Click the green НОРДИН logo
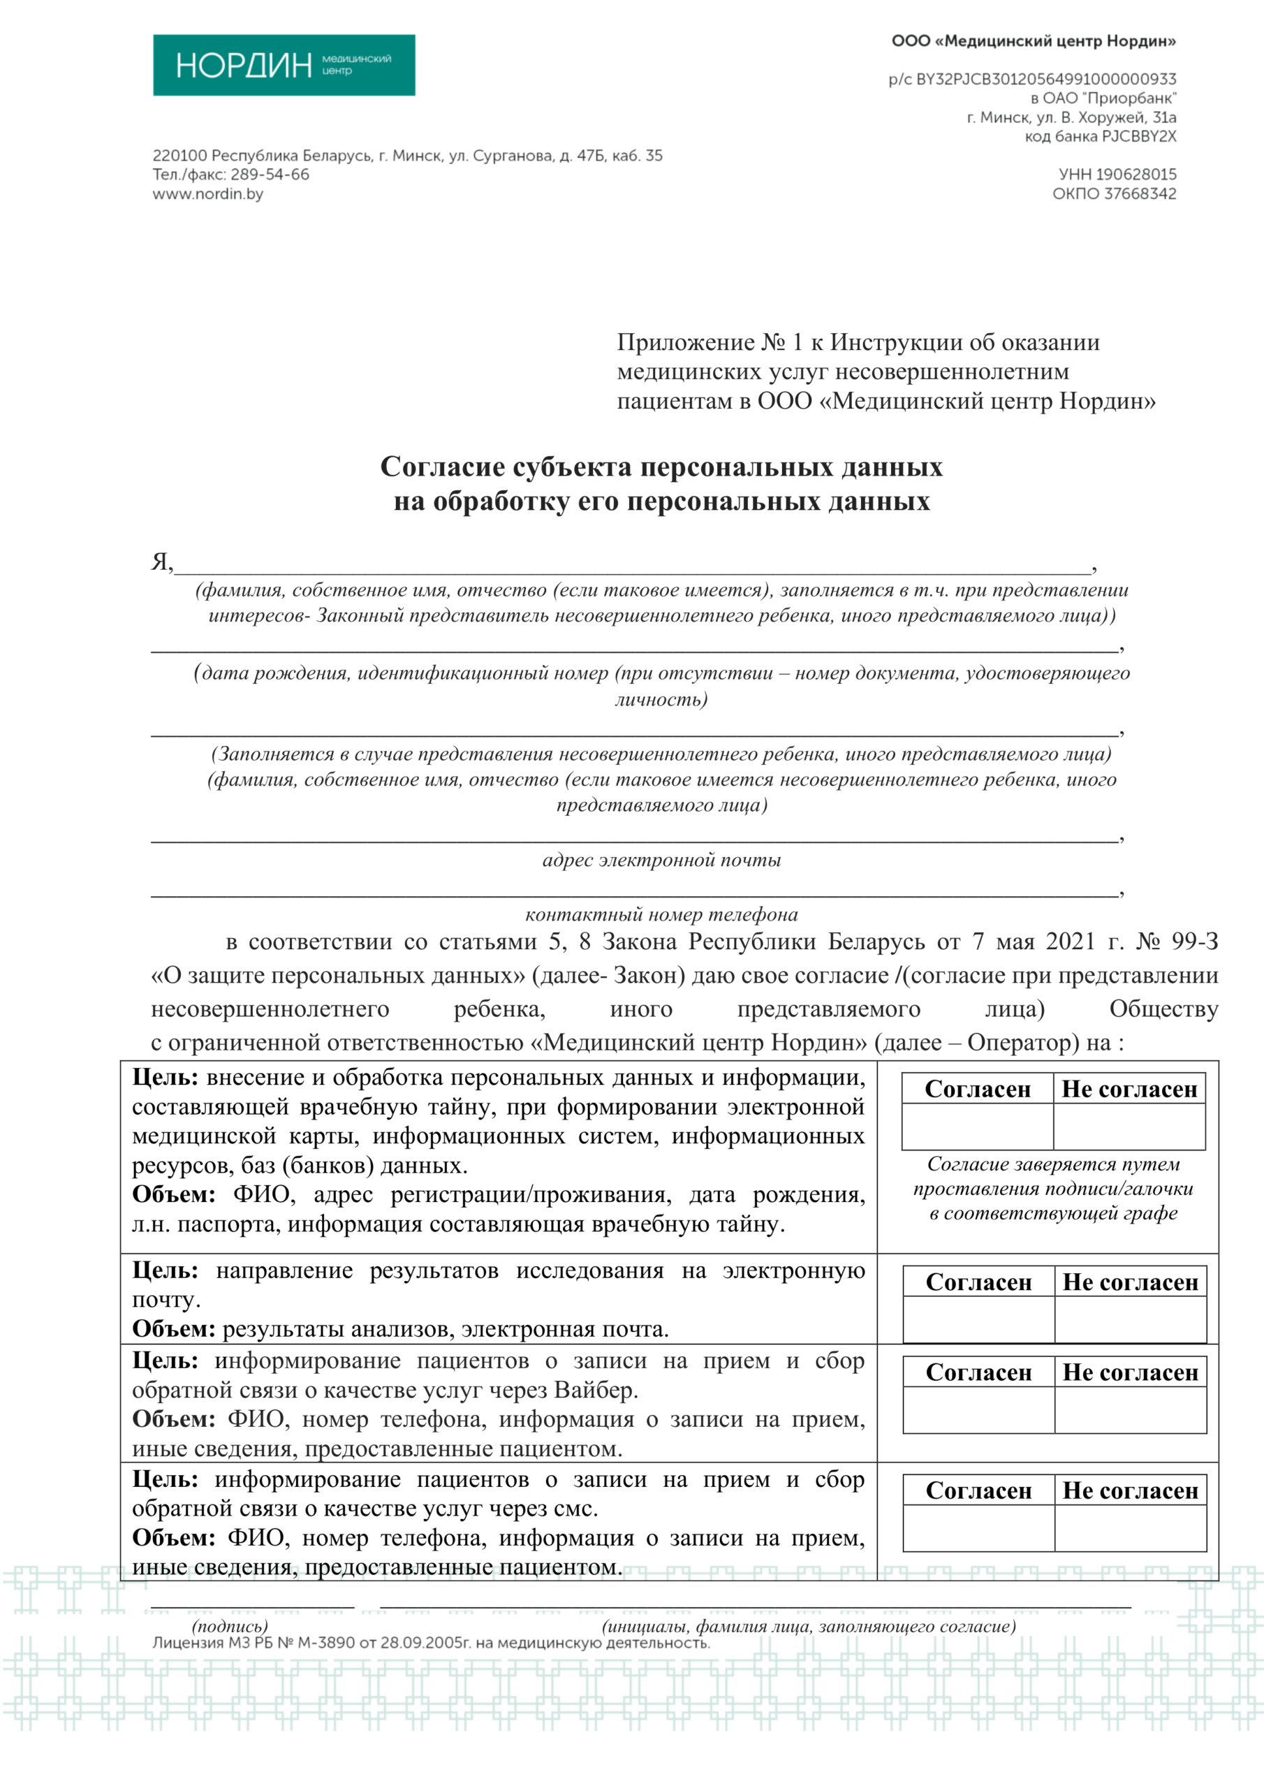pyautogui.click(x=284, y=66)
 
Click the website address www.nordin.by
pyautogui.click(x=207, y=195)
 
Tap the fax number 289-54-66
pyautogui.click(x=270, y=175)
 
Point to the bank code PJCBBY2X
pyautogui.click(x=1138, y=137)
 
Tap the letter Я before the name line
pyautogui.click(x=161, y=562)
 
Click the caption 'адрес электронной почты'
pyautogui.click(x=661, y=860)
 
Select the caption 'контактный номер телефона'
pyautogui.click(x=661, y=914)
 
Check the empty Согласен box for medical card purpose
pyautogui.click(x=978, y=1126)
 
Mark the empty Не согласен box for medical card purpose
pyautogui.click(x=1129, y=1126)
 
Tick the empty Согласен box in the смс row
pyautogui.click(x=979, y=1528)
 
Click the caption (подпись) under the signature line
pyautogui.click(x=230, y=1626)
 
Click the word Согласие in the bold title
pyautogui.click(x=441, y=467)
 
